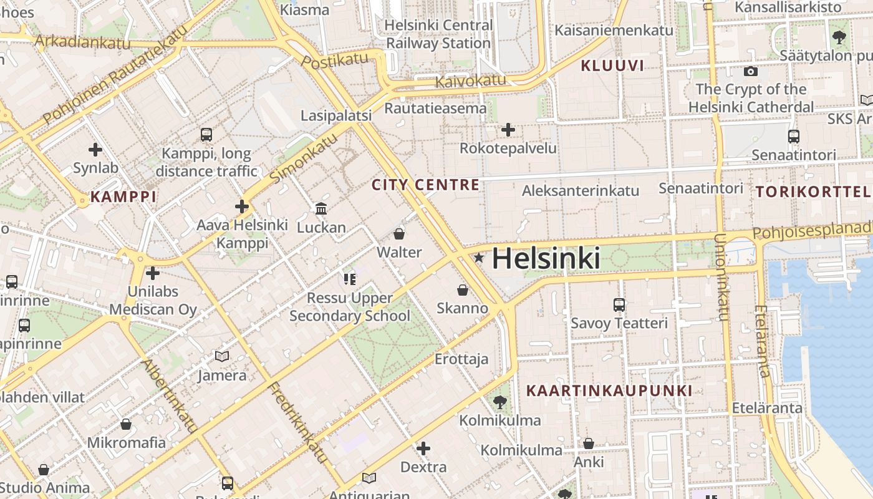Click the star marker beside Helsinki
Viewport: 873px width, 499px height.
point(479,258)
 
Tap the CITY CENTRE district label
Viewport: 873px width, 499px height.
point(426,185)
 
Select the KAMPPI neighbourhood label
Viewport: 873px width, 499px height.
point(123,197)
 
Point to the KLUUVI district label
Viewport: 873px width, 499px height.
point(612,65)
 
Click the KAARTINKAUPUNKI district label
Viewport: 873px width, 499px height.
point(609,391)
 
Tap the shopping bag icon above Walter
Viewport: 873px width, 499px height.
point(399,234)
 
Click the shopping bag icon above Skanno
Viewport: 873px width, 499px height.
point(463,290)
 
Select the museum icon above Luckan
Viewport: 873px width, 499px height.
point(321,208)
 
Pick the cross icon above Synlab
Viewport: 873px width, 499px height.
point(95,150)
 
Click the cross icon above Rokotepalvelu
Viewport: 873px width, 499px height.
point(508,130)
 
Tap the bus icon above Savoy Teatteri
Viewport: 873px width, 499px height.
point(619,305)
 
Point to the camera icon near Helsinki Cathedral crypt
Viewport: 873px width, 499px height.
point(751,71)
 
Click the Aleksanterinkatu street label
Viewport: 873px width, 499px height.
point(581,191)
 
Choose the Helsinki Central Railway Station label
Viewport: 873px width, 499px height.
point(439,34)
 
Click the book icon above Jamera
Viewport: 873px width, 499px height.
point(222,356)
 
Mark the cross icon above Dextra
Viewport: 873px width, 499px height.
point(423,448)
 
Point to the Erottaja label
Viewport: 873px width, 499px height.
point(461,359)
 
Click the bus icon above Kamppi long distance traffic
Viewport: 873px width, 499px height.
point(206,134)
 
